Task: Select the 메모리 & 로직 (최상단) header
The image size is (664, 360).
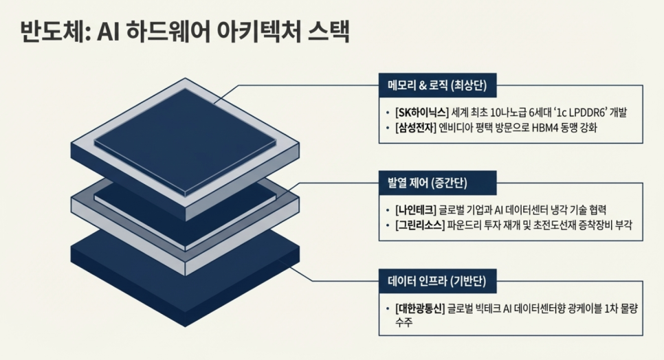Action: click(x=437, y=86)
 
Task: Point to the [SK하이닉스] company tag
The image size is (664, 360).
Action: click(x=421, y=112)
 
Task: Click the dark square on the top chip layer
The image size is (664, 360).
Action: click(x=186, y=141)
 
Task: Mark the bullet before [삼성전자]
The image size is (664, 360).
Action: click(x=388, y=128)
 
